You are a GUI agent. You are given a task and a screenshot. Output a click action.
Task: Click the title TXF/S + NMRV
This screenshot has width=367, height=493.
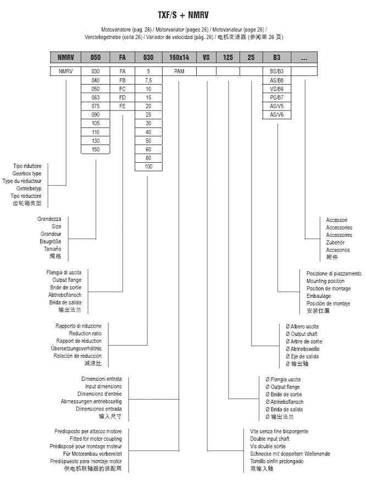click(x=183, y=15)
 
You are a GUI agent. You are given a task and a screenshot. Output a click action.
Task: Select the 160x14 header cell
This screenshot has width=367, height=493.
click(x=179, y=58)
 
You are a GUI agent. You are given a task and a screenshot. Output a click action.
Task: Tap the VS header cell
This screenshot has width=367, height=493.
click(x=206, y=58)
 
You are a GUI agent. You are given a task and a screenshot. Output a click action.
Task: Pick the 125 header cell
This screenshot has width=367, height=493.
click(x=228, y=58)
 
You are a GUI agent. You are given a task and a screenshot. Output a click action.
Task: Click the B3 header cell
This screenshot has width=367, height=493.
click(x=276, y=58)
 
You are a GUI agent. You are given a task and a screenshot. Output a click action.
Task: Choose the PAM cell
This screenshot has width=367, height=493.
click(x=179, y=71)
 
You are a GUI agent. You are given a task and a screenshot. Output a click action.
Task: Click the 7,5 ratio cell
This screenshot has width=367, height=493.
click(x=148, y=80)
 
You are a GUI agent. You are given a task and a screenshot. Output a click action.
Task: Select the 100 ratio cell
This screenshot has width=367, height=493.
click(x=148, y=167)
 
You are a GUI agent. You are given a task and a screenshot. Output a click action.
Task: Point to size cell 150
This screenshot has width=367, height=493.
click(x=96, y=149)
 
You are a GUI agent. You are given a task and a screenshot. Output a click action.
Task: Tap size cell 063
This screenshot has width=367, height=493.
click(x=96, y=97)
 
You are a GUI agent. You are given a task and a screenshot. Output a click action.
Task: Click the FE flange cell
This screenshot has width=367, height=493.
click(x=122, y=106)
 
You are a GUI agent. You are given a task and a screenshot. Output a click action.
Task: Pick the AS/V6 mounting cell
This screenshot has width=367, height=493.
click(x=276, y=115)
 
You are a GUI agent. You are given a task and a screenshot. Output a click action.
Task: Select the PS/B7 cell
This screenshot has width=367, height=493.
click(x=276, y=97)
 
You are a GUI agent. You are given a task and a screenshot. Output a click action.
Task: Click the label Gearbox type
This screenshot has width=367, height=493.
click(x=27, y=174)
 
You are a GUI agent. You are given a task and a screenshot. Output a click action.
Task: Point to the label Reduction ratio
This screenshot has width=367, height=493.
click(x=85, y=333)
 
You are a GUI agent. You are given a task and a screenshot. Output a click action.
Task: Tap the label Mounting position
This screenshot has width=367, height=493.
click(x=325, y=281)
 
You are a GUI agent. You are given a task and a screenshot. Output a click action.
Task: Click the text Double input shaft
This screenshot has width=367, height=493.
click(x=270, y=439)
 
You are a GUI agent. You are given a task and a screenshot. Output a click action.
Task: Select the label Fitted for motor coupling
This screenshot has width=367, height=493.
click(x=96, y=439)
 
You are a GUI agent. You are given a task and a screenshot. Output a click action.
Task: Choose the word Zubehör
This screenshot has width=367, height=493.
click(x=335, y=242)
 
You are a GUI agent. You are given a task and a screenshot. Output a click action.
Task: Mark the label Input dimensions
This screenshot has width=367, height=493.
click(x=103, y=386)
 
